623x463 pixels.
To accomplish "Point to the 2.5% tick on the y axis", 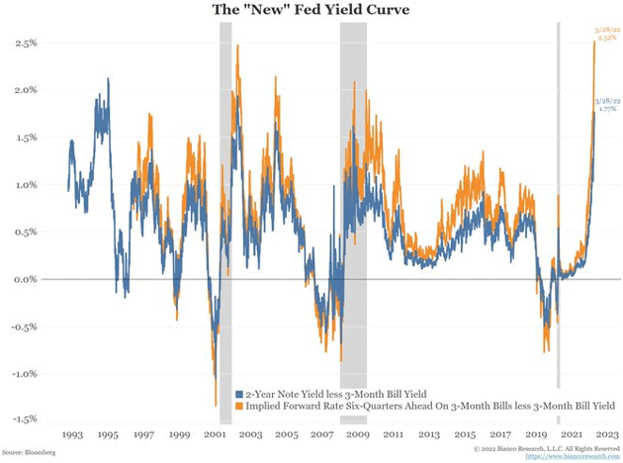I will (x=26, y=44).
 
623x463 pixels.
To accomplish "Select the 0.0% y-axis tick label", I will (x=26, y=280).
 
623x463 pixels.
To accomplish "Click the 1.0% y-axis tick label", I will (x=26, y=185).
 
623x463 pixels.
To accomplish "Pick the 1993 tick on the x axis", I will (x=72, y=434).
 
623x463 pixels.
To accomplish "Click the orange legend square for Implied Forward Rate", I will (x=238, y=406).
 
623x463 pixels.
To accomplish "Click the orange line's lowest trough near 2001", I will (x=217, y=404).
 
